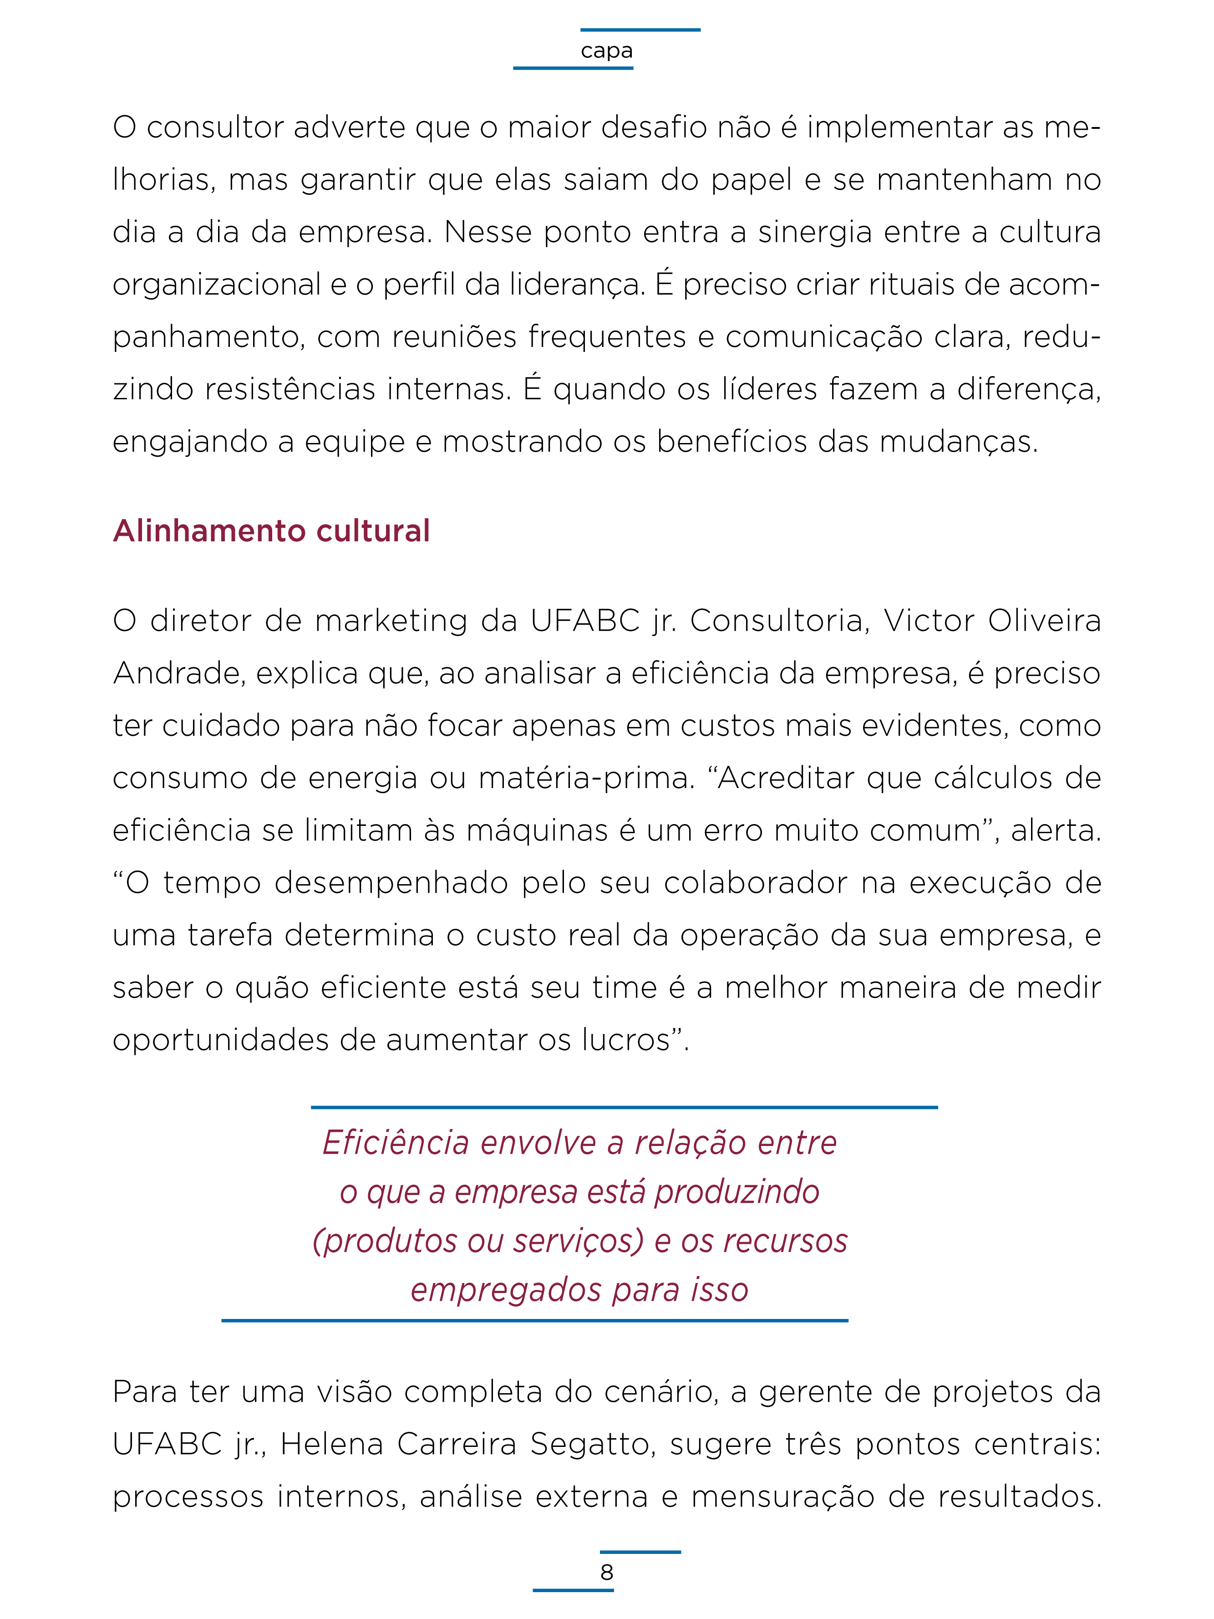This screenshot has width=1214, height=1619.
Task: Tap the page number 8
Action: point(607,1572)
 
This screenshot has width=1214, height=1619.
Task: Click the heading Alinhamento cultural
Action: point(271,531)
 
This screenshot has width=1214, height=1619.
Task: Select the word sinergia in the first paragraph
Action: point(814,233)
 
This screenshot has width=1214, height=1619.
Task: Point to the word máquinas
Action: point(538,831)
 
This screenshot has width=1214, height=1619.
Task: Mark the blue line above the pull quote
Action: point(624,1107)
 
